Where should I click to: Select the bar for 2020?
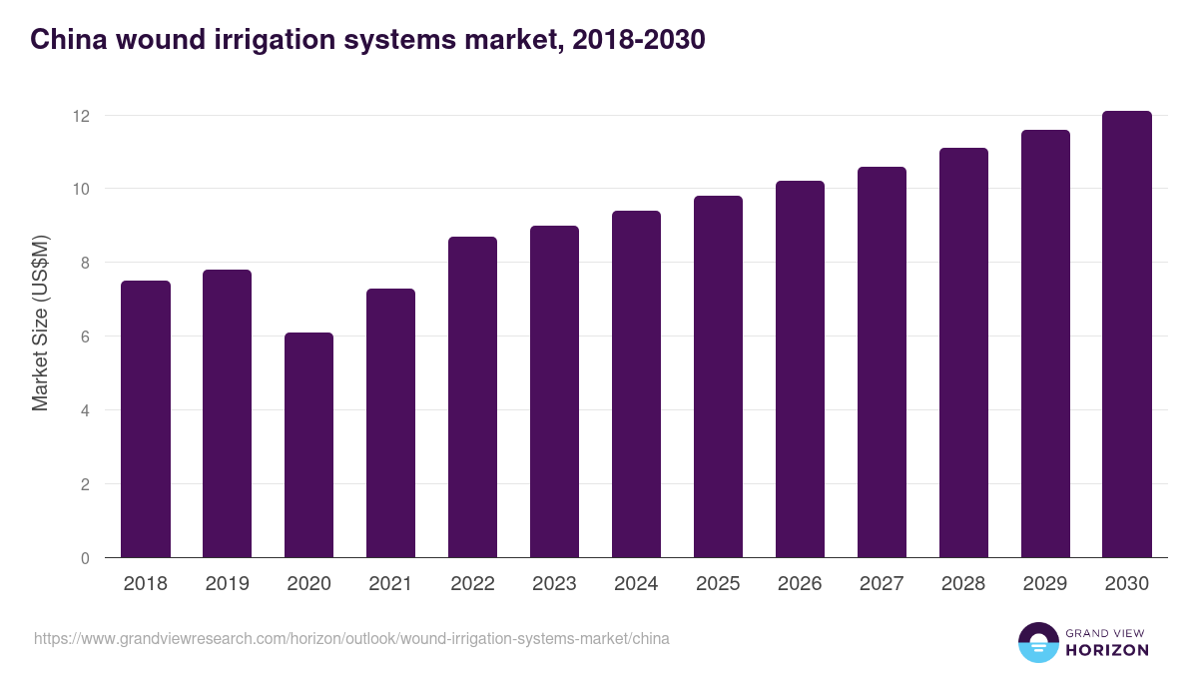click(308, 445)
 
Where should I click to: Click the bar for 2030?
click(1127, 335)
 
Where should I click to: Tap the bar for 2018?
click(146, 419)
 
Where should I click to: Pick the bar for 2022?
click(472, 397)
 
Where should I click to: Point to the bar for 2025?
click(718, 377)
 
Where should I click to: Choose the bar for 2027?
click(882, 362)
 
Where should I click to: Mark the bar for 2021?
click(390, 423)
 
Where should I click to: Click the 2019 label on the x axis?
click(227, 584)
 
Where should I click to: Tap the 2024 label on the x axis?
click(636, 584)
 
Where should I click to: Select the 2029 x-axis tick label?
click(1045, 584)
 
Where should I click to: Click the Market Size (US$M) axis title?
click(40, 324)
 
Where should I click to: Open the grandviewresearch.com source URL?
click(351, 638)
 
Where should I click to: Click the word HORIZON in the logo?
click(1107, 650)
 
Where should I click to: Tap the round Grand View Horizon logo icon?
click(1038, 642)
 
